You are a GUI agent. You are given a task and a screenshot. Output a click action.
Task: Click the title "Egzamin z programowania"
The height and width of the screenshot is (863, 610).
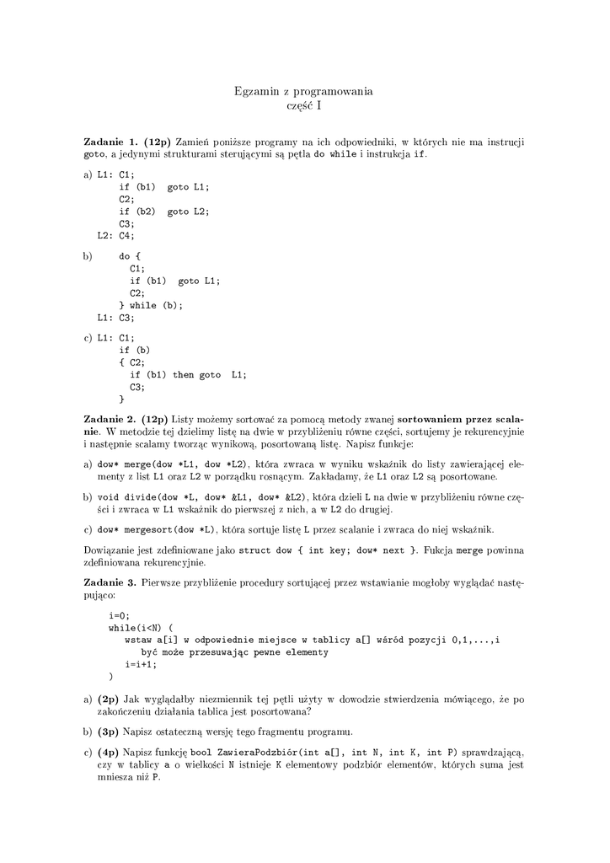(303, 90)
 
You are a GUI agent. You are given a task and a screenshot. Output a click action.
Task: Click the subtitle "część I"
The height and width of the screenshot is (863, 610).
(303, 105)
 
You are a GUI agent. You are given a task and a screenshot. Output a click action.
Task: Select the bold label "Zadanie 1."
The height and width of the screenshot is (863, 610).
(112, 142)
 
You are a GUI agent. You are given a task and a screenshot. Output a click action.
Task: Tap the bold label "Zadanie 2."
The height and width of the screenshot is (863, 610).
(112, 419)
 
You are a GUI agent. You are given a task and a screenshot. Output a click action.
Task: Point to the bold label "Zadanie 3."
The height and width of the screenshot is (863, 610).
(112, 582)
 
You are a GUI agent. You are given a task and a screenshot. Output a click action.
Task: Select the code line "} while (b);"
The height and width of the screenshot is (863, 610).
(151, 305)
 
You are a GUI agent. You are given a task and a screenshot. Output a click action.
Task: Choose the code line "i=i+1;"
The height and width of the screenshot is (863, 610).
(141, 664)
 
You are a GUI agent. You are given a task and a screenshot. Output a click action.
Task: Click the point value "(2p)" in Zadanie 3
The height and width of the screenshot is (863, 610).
(109, 699)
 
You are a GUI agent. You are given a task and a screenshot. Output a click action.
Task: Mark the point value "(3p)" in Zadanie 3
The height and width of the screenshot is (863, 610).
(109, 731)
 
